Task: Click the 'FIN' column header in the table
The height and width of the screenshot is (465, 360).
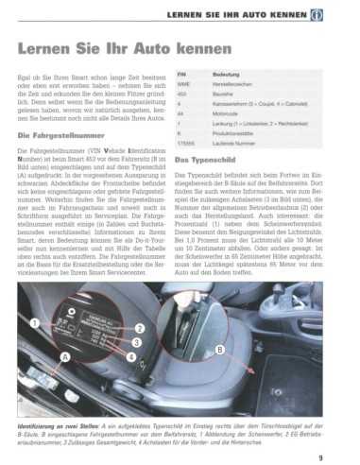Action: [x=183, y=73]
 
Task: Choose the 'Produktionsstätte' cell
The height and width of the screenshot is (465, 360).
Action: [x=237, y=133]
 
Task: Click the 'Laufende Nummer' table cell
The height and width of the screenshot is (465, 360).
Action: [x=237, y=144]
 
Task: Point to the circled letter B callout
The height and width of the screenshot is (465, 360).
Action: [x=220, y=350]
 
